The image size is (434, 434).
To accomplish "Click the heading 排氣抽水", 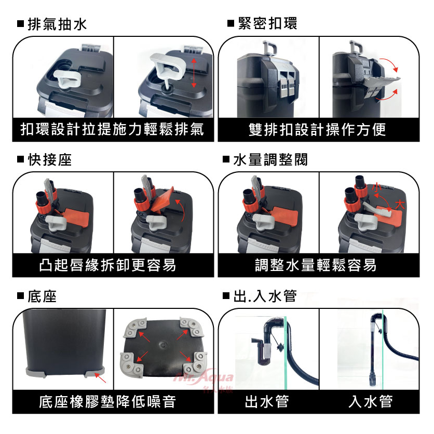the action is point(57,24).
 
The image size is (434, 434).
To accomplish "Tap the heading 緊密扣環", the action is point(267,23).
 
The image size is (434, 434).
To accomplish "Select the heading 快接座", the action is point(50,160).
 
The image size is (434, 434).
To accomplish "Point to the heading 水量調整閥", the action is point(270,160).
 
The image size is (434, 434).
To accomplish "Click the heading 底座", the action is point(42,296).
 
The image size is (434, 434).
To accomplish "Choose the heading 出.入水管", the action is point(265,296).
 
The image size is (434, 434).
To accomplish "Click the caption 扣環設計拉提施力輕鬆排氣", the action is point(112,130).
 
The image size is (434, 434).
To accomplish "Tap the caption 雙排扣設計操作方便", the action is point(317,130).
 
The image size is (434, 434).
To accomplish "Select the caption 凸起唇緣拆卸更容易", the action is point(107,265).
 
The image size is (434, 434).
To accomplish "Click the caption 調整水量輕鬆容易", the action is point(316,265).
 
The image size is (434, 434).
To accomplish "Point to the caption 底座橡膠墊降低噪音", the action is point(107,402).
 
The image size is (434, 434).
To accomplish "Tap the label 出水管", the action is point(267,402).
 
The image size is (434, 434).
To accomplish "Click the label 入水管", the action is point(371,402).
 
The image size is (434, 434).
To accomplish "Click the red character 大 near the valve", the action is point(400,205).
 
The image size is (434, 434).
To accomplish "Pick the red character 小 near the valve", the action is point(377,187).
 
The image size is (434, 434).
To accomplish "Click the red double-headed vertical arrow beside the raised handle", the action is point(194,73).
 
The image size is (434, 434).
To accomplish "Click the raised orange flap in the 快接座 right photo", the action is point(162,200).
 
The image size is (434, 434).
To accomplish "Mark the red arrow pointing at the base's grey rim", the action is point(100,377).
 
